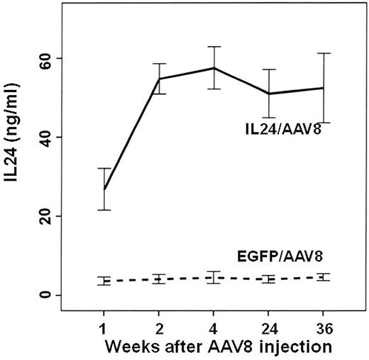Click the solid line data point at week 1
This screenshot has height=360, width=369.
tap(104, 189)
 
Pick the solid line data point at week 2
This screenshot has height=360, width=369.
tap(159, 79)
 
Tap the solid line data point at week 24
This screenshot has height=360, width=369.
tap(268, 94)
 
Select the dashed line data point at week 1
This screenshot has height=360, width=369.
tap(104, 281)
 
